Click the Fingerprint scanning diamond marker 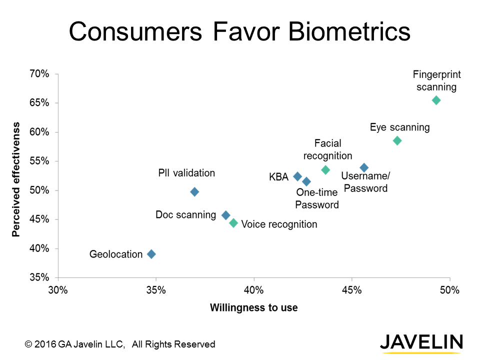click(x=436, y=100)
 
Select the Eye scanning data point click(x=397, y=140)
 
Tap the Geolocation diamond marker click(x=151, y=254)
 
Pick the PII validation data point click(x=194, y=191)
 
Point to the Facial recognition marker click(x=325, y=170)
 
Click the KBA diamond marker click(x=297, y=176)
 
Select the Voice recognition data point click(x=233, y=223)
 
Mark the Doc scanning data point click(x=225, y=215)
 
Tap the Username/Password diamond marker click(x=364, y=167)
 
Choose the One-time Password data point click(x=306, y=181)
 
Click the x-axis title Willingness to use click(x=253, y=307)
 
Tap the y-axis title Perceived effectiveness click(x=16, y=178)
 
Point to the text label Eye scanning click(x=399, y=127)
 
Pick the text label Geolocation click(x=116, y=254)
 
